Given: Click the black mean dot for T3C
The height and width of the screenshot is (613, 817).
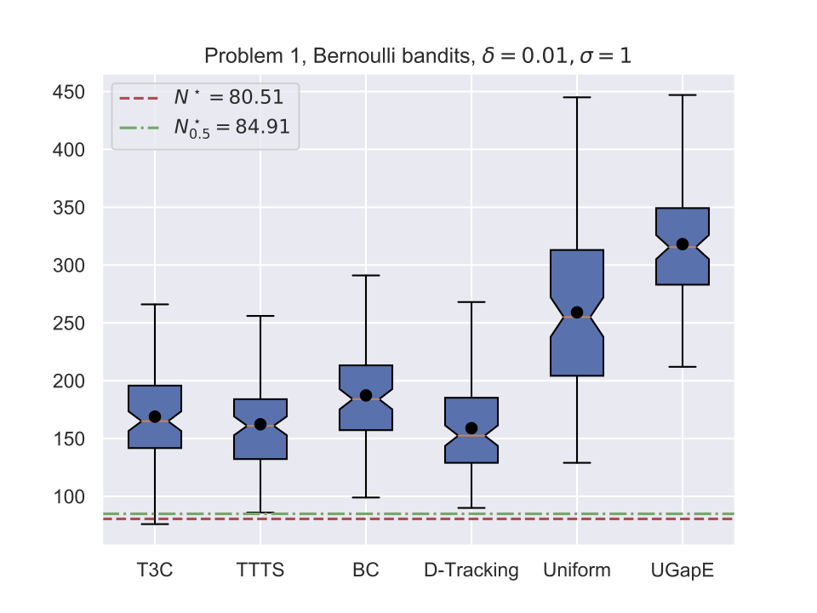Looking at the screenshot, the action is pos(155,416).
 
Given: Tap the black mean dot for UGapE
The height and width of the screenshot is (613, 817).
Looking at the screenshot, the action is pos(683,244).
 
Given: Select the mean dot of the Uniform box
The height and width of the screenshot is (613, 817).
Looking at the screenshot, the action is pos(577,312).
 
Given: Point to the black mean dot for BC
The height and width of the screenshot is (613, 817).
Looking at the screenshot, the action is pos(366,395).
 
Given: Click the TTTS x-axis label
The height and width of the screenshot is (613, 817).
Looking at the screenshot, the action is pos(260,570).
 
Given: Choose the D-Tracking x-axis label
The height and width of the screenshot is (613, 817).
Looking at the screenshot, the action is pos(471,570).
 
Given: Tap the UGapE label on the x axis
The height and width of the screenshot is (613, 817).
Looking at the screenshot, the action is pos(683,570).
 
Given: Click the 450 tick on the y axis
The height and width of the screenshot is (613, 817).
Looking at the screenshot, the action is pos(68,92).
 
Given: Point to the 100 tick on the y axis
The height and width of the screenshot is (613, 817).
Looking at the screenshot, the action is pos(68,496).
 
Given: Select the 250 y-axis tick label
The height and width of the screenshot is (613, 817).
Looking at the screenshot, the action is pos(68,324).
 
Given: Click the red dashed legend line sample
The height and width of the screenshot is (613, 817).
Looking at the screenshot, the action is pos(139,98).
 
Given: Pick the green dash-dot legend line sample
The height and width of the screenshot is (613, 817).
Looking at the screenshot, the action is pos(139,128).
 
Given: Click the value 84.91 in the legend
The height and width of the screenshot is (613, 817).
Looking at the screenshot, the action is pos(263,126).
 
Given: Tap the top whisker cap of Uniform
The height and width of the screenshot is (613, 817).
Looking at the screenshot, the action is pos(577,97).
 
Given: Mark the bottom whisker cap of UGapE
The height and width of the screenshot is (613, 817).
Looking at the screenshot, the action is pos(683,367).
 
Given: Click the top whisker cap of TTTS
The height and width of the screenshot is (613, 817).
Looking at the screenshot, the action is pos(260,316).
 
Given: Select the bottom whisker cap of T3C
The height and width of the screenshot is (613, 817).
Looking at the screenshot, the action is pos(155,524).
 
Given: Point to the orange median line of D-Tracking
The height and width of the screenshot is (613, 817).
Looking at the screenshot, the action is pos(471,435).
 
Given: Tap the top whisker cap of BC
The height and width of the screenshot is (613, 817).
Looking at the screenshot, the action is pos(366,275).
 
